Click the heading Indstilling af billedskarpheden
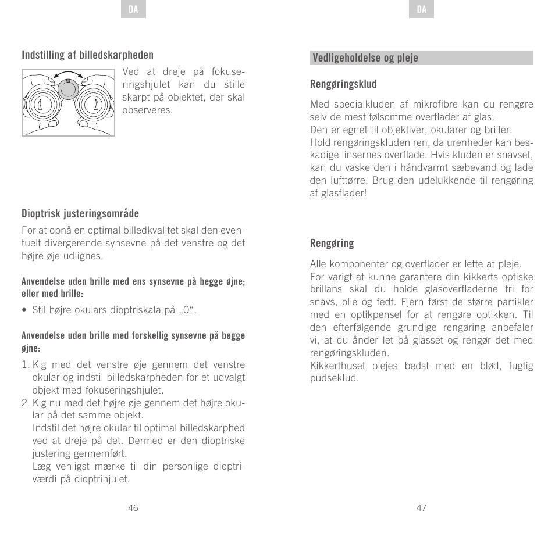coord(88,55)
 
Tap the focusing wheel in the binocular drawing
coord(68,89)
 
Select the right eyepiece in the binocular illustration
coord(92,105)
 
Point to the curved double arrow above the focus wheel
coord(68,74)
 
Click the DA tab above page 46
coord(133,10)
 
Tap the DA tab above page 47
coord(422,10)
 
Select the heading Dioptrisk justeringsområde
coord(80,214)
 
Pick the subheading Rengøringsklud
coord(343,84)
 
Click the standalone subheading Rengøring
coord(332,243)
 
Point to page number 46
coord(133,507)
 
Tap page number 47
coord(422,507)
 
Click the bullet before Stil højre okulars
coord(24,310)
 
